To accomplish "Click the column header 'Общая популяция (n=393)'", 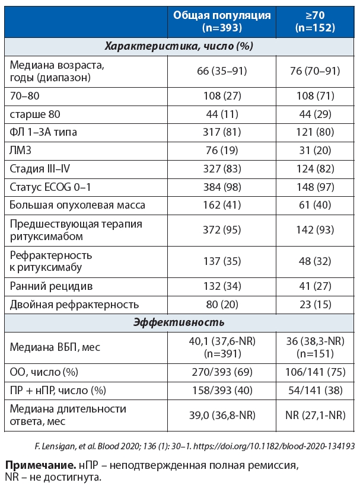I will click(222, 21).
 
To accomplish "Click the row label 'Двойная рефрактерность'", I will click(74, 305).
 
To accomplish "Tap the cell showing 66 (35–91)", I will click(222, 71).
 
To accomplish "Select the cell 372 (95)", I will click(222, 231).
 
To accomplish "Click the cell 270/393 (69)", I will click(222, 372).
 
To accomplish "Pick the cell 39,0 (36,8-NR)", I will click(222, 416).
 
